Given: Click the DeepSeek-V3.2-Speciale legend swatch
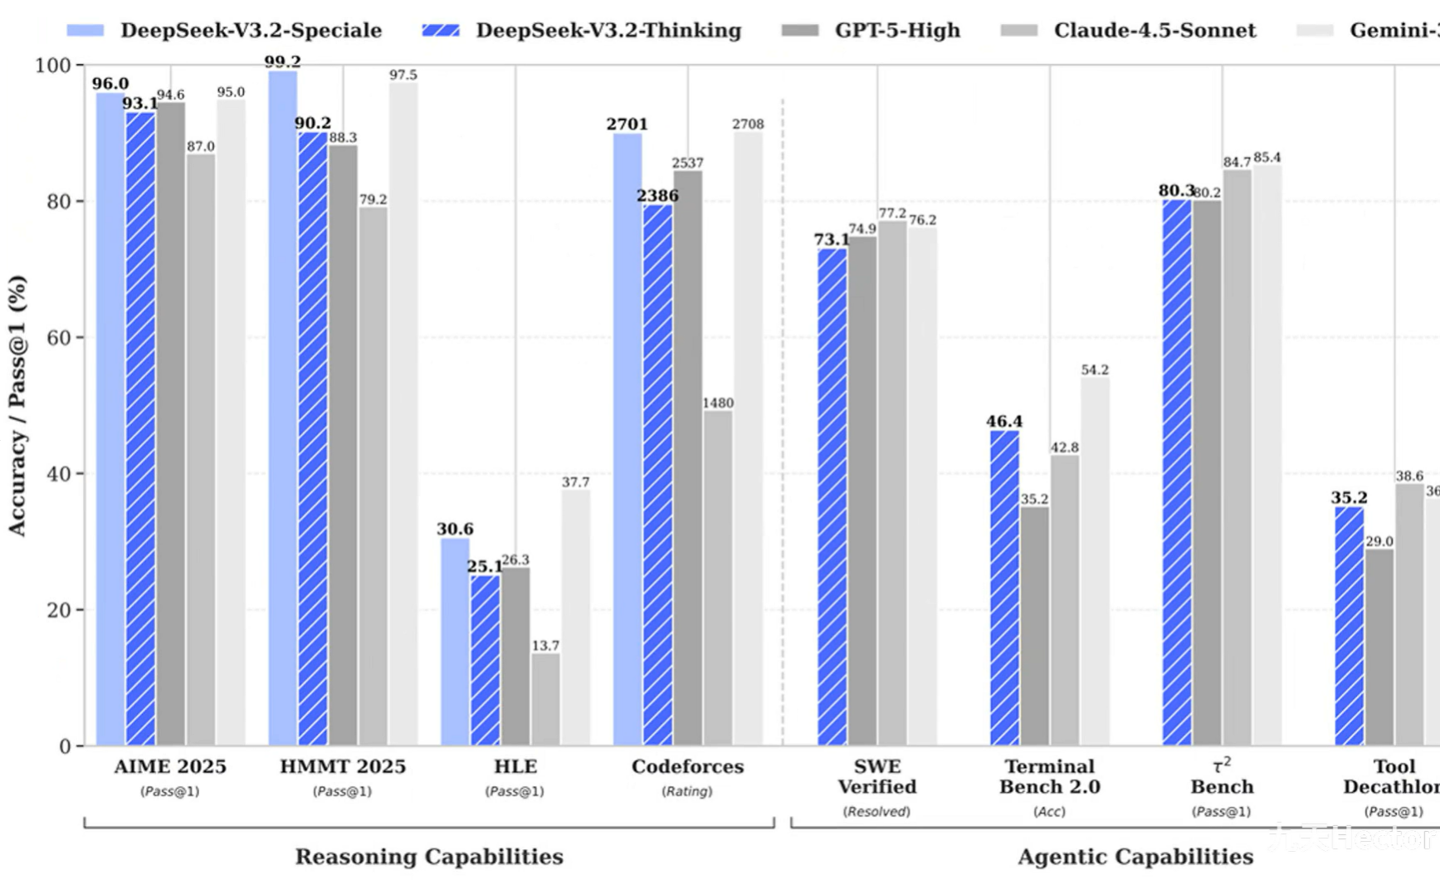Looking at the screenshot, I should point(85,31).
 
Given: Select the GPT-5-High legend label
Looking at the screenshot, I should point(897,31).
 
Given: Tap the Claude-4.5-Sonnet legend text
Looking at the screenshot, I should point(1154,31).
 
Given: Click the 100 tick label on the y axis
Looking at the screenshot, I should point(53,66).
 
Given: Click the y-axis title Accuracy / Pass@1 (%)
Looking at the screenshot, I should point(17,406).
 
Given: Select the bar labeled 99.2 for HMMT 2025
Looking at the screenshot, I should point(283,407).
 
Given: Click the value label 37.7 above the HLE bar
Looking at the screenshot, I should point(575,482).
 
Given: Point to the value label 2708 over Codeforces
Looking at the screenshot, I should point(748,124).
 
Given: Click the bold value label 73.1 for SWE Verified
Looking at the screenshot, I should point(832,240).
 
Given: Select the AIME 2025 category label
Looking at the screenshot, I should point(170,766).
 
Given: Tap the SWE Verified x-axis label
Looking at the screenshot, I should point(877,776).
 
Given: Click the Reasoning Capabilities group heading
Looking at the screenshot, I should point(429,857).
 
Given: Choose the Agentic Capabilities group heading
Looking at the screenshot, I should point(1135,857).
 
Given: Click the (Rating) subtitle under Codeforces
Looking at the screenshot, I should point(687,791).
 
